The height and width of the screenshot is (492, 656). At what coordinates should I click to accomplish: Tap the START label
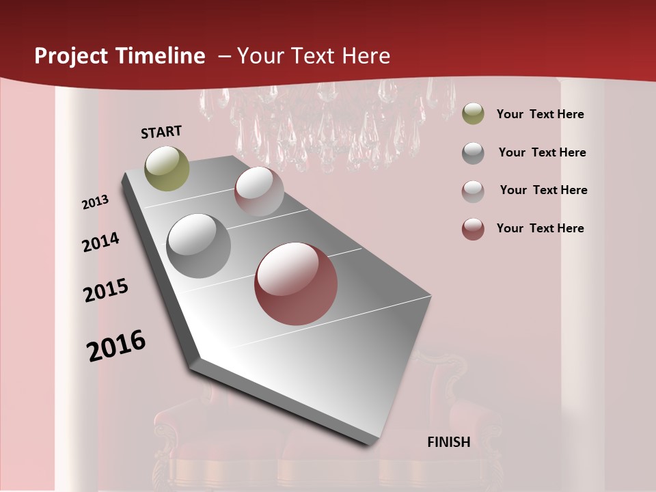[161, 132]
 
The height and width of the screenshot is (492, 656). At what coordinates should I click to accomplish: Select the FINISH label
[449, 442]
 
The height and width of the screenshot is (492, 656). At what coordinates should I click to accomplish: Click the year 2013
[96, 202]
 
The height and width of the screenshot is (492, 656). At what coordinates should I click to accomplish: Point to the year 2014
[101, 242]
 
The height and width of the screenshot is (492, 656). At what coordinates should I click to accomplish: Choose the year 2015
[106, 290]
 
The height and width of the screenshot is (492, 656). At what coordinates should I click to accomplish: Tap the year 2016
[116, 346]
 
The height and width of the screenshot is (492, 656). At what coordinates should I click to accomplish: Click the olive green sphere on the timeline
[167, 168]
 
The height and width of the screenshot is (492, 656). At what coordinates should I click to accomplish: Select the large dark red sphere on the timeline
[296, 284]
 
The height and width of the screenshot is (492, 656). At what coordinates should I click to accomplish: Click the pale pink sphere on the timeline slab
[259, 191]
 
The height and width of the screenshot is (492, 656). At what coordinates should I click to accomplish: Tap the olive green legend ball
[473, 113]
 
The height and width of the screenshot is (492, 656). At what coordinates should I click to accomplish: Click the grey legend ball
[473, 153]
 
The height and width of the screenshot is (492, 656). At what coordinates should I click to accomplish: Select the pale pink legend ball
[473, 191]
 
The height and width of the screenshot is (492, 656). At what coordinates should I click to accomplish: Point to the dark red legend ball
[473, 229]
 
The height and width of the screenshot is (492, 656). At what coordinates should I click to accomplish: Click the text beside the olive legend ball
[540, 114]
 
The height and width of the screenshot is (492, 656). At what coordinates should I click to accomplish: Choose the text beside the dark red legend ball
[540, 228]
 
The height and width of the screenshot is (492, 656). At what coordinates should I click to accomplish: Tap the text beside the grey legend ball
[542, 152]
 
